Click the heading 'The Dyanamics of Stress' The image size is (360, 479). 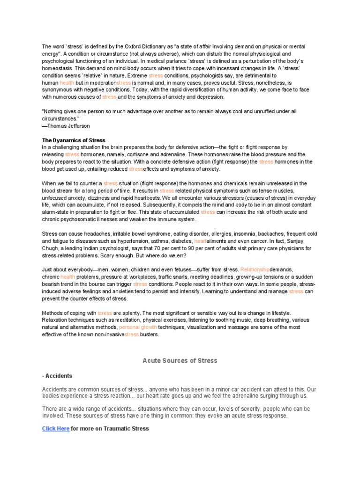(x=74, y=140)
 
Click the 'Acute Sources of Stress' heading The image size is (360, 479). (x=180, y=361)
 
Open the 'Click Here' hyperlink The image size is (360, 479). (x=56, y=428)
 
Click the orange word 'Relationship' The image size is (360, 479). (x=255, y=269)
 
